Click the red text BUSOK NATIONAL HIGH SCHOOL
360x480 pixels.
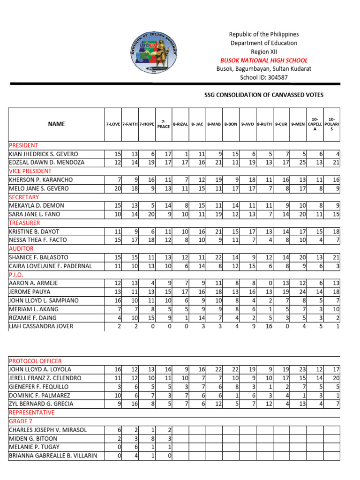click(264, 60)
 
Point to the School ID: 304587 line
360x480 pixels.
click(264, 78)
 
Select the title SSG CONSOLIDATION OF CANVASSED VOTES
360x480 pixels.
click(264, 95)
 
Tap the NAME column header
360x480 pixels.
click(56, 124)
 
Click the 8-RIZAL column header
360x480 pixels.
click(180, 124)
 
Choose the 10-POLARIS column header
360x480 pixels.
click(332, 124)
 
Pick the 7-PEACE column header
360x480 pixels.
click(164, 124)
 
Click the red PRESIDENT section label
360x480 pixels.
click(23, 145)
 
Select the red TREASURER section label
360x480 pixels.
click(24, 223)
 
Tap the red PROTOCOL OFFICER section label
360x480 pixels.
click(35, 361)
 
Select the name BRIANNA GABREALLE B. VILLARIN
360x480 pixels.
click(53, 456)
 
